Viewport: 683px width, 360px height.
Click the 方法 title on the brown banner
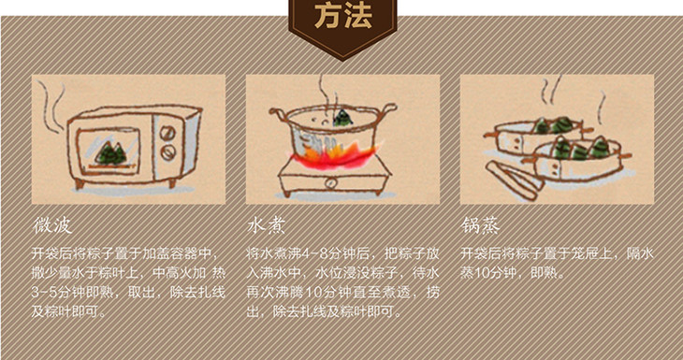pyautogui.click(x=343, y=16)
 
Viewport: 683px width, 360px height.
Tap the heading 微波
pyautogui.click(x=52, y=225)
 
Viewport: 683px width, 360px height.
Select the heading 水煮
pyautogui.click(x=266, y=225)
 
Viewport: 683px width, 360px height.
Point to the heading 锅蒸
pyautogui.click(x=481, y=225)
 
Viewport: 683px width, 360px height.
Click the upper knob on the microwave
pyautogui.click(x=167, y=133)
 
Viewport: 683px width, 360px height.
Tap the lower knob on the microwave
pyautogui.click(x=168, y=151)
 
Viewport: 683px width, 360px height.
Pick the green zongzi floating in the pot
pyautogui.click(x=342, y=118)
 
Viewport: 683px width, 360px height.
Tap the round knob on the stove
pyautogui.click(x=331, y=183)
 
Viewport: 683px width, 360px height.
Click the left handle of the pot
pyautogui.click(x=279, y=115)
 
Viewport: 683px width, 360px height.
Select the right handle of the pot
pyautogui.click(x=387, y=109)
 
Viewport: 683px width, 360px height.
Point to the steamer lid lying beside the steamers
pyautogui.click(x=515, y=180)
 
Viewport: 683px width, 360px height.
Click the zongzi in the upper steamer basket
pyautogui.click(x=553, y=125)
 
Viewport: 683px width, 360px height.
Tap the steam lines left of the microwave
pyautogui.click(x=51, y=106)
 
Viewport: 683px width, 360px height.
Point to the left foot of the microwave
pyautogui.click(x=80, y=183)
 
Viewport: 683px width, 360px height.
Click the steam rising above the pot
pyautogui.click(x=327, y=93)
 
